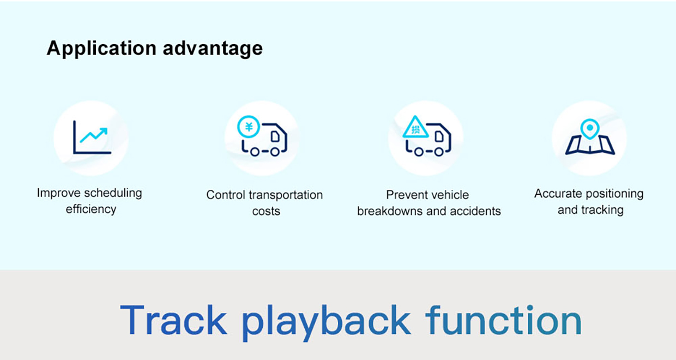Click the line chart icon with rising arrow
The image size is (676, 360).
click(x=92, y=137)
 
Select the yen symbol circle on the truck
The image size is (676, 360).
click(x=249, y=128)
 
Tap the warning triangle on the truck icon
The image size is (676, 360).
click(x=415, y=129)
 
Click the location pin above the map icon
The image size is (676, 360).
click(x=589, y=128)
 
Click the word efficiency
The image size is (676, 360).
click(x=90, y=209)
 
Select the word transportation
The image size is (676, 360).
click(x=286, y=195)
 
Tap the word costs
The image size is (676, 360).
click(x=266, y=212)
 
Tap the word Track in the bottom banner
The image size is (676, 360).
click(x=173, y=321)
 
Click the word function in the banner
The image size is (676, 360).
click(x=503, y=321)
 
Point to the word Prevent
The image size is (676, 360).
click(x=406, y=195)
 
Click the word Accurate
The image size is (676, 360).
click(x=556, y=194)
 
